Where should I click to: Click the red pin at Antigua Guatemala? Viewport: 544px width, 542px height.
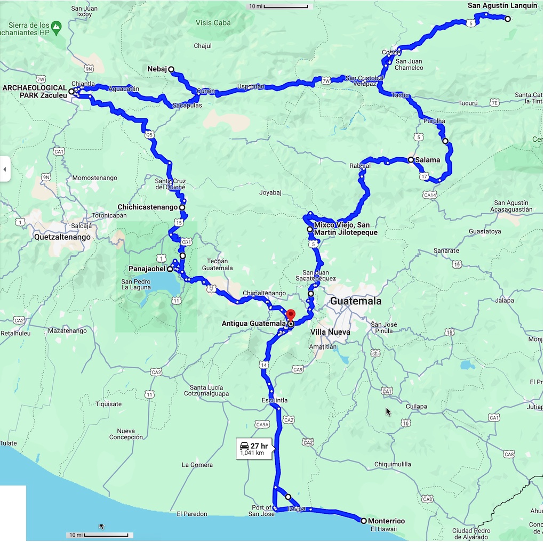[291, 314]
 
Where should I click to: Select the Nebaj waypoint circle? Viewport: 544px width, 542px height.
[171, 69]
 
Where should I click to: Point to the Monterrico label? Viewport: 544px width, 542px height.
[386, 521]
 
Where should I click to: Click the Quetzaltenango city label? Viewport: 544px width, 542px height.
[62, 237]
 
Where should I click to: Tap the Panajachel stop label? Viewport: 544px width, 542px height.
[147, 269]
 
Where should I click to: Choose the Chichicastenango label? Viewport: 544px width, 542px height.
[147, 207]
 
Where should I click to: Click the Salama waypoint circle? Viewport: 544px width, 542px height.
[411, 159]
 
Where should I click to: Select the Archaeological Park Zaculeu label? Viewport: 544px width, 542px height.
[34, 91]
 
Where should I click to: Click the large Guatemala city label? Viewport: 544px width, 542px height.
[356, 301]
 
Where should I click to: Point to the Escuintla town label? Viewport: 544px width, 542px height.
[275, 400]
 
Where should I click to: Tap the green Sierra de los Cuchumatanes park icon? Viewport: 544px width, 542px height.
[58, 26]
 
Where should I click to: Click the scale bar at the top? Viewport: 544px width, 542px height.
[286, 7]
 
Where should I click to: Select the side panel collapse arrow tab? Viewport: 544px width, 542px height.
[5, 169]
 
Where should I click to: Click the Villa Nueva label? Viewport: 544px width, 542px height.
[330, 332]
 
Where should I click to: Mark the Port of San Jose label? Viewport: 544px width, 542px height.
[262, 511]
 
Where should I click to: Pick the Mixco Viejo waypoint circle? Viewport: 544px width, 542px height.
[310, 229]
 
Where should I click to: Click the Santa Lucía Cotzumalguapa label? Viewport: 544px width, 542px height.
[209, 390]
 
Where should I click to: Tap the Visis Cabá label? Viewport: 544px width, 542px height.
[213, 23]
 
